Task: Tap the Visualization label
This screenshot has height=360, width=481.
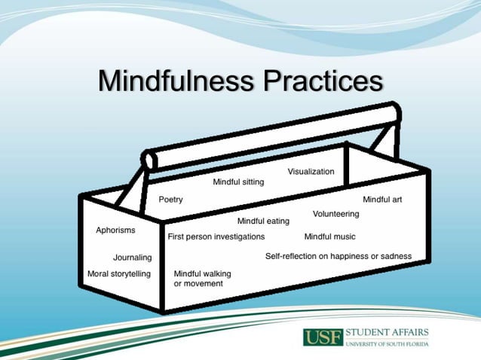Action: [x=311, y=172]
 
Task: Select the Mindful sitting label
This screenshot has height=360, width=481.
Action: [x=238, y=182]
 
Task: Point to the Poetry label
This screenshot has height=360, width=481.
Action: [x=170, y=200]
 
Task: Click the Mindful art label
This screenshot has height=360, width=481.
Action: [x=382, y=200]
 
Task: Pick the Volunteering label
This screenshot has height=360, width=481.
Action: [x=335, y=214]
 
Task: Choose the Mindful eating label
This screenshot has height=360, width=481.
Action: [x=263, y=221]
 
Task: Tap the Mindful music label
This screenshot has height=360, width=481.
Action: [x=329, y=236]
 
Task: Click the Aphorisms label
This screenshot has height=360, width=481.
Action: [x=115, y=230]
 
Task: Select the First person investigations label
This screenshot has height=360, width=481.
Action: [x=216, y=236]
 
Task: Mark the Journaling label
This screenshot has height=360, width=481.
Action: [x=132, y=258]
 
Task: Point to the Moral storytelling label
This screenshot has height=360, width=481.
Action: [x=119, y=273]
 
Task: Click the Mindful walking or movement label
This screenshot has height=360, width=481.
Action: [x=202, y=278]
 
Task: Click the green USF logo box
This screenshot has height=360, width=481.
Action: [x=323, y=337]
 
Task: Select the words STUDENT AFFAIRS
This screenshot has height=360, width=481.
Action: [x=386, y=332]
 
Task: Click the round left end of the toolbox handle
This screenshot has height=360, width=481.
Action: [x=150, y=160]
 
